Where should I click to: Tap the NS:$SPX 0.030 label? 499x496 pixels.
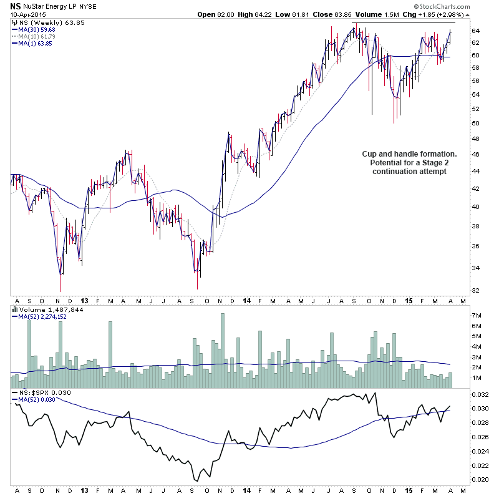click(x=41, y=391)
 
